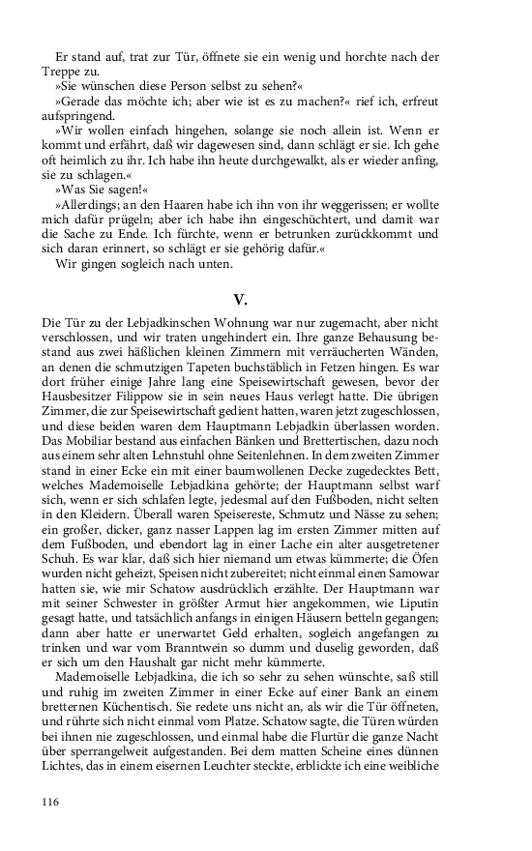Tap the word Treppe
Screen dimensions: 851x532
pyautogui.click(x=62, y=70)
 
